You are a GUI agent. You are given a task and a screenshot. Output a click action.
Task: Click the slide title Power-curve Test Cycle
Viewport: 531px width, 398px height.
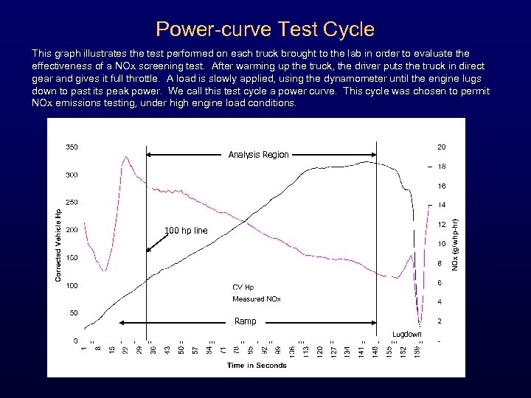[265, 29]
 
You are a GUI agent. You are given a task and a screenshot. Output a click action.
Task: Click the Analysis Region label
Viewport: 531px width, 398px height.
[258, 155]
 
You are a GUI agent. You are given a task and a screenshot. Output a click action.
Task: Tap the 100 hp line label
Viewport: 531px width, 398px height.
[186, 231]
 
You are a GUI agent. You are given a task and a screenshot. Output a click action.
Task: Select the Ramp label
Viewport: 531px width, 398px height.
[245, 321]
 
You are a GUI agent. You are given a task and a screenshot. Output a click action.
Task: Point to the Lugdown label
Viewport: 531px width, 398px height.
[407, 334]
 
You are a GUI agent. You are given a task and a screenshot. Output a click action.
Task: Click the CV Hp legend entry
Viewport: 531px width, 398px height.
[243, 287]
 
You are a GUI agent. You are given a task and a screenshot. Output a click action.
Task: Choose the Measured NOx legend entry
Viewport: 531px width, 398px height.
[256, 299]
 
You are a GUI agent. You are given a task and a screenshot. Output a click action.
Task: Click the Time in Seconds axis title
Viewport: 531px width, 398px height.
[257, 365]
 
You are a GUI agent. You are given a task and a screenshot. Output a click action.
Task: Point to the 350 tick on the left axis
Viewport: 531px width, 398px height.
[72, 147]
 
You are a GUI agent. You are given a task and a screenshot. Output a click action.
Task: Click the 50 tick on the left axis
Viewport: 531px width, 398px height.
[74, 313]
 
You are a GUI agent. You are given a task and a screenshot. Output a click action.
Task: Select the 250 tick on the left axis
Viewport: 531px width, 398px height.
[72, 202]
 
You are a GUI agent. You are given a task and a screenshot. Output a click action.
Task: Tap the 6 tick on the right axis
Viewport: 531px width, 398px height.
[440, 283]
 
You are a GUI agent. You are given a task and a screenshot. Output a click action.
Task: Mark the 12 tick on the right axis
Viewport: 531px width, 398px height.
[440, 224]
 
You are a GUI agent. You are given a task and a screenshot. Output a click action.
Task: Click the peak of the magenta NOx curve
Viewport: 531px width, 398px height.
[126, 157]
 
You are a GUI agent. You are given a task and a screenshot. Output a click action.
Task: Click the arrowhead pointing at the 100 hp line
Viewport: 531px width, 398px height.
[148, 251]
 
